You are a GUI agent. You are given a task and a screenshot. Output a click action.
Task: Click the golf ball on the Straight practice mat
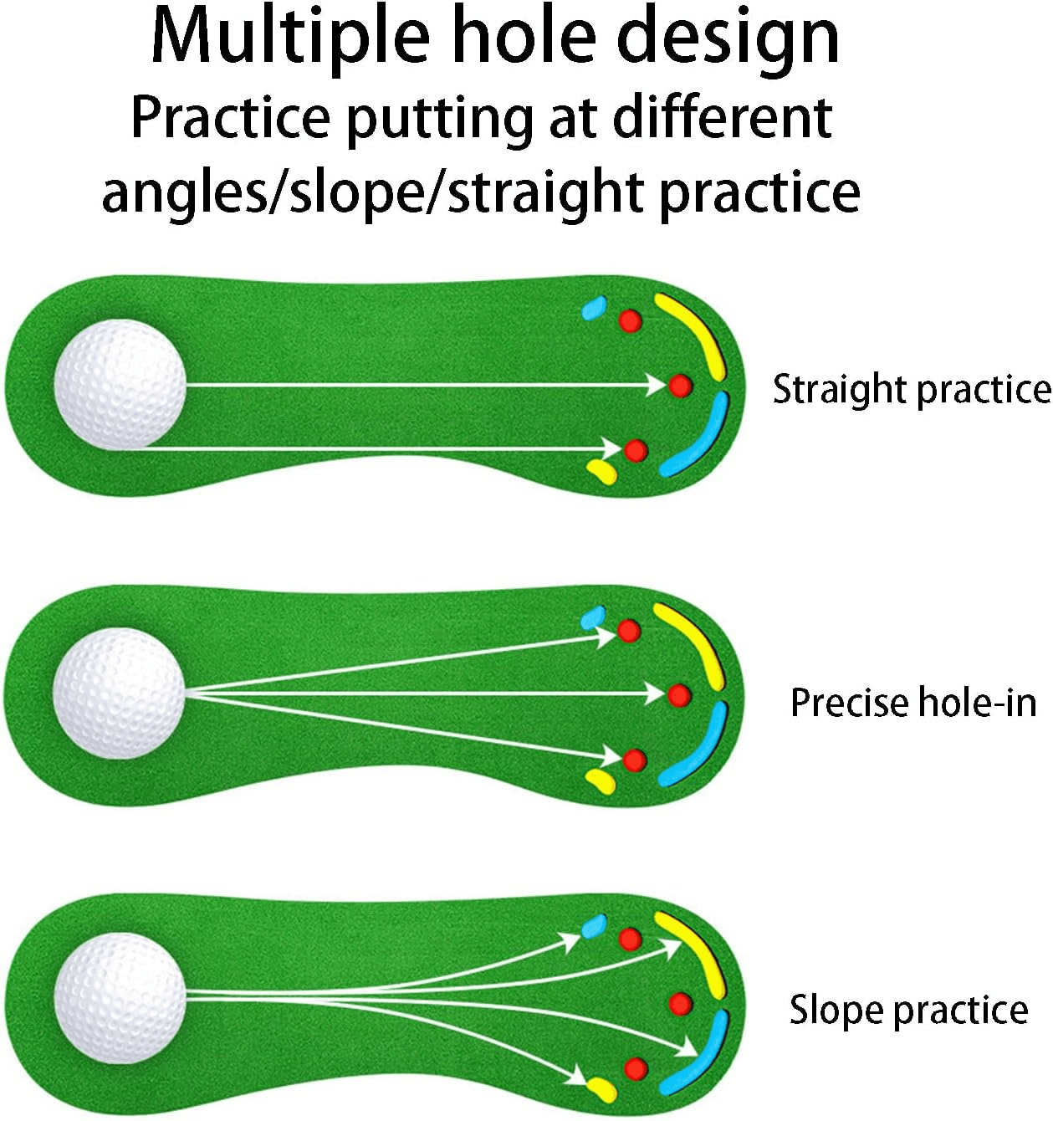(x=120, y=384)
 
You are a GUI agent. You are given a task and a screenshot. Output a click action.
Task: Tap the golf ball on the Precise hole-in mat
(x=119, y=694)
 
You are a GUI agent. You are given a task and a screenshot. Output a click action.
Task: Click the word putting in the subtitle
(x=439, y=120)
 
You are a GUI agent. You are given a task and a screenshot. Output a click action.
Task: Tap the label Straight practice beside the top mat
(x=912, y=390)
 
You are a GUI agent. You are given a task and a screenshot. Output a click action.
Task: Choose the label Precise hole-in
(x=913, y=703)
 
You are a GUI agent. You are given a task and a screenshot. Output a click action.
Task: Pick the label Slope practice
(x=908, y=1010)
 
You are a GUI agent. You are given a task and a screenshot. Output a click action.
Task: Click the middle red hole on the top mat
(x=680, y=386)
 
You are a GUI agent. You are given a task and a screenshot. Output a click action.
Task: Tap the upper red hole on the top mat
(x=631, y=321)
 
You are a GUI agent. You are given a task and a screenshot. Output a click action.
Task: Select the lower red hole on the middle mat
(x=634, y=760)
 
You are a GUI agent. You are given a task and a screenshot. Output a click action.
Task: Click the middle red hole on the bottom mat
(x=681, y=1004)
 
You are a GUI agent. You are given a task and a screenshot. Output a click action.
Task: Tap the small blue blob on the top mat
(x=594, y=308)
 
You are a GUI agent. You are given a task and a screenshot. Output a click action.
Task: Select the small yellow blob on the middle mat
(x=601, y=782)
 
